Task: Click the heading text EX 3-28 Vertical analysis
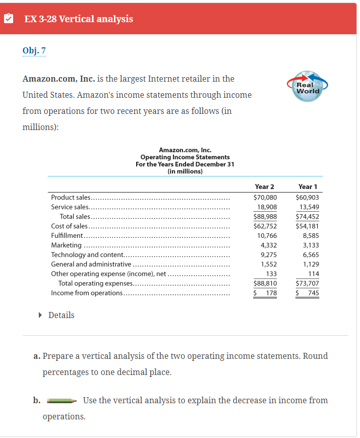pyautogui.click(x=79, y=19)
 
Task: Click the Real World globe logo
pyautogui.click(x=308, y=87)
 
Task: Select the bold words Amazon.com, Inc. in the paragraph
pyautogui.click(x=56, y=79)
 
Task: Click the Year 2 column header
pyautogui.click(x=265, y=187)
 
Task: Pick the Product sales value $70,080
pyautogui.click(x=265, y=198)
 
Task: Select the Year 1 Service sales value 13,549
pyautogui.click(x=309, y=207)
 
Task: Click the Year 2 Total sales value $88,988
pyautogui.click(x=265, y=217)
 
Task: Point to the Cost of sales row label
pyautogui.click(x=70, y=226)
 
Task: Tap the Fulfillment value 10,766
pyautogui.click(x=267, y=236)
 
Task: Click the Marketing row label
pyautogui.click(x=67, y=245)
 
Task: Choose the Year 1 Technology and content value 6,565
pyautogui.click(x=311, y=255)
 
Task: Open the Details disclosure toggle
pyautogui.click(x=56, y=315)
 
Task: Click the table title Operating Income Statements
pyautogui.click(x=185, y=157)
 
